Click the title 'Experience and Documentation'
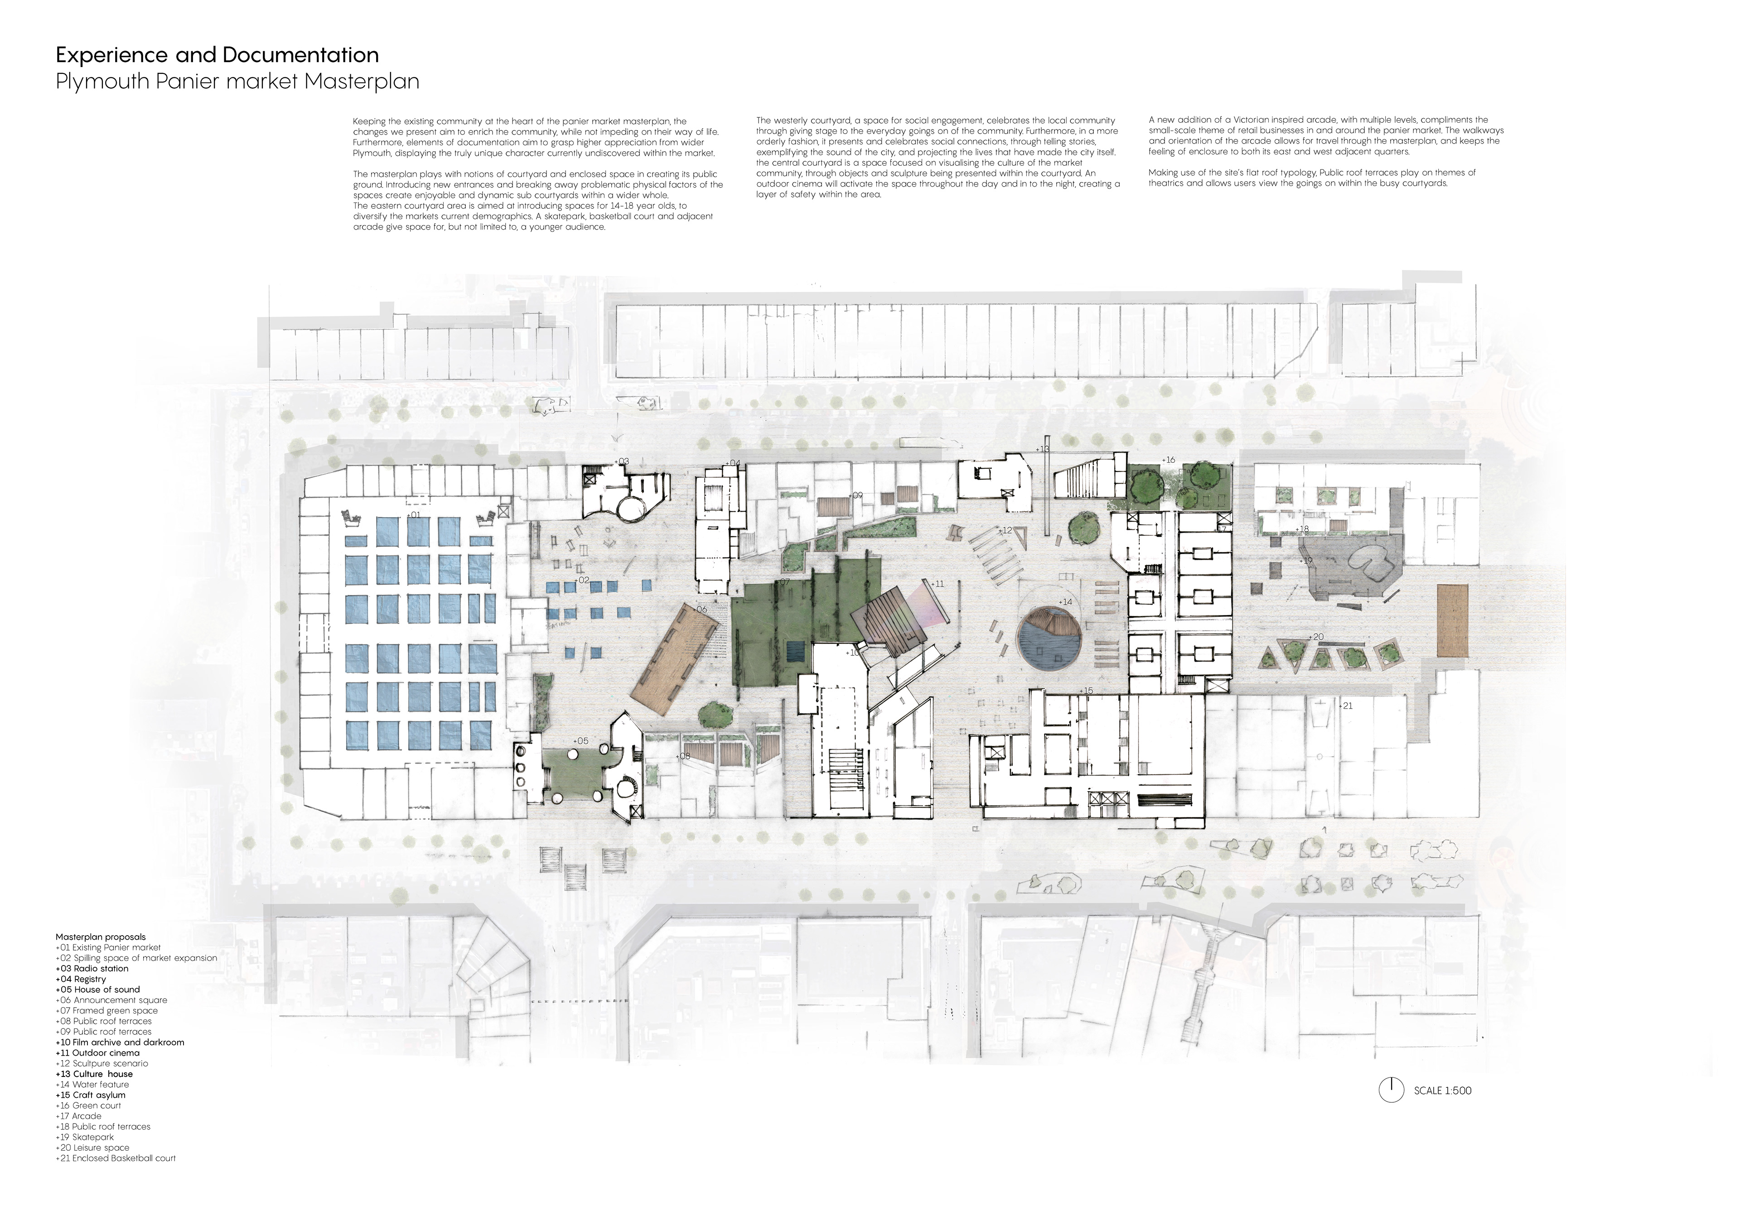click(217, 55)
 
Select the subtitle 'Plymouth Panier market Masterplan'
click(237, 82)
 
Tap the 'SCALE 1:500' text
click(1442, 1091)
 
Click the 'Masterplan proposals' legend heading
click(100, 937)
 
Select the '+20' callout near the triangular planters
click(1316, 637)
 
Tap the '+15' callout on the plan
click(1087, 691)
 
